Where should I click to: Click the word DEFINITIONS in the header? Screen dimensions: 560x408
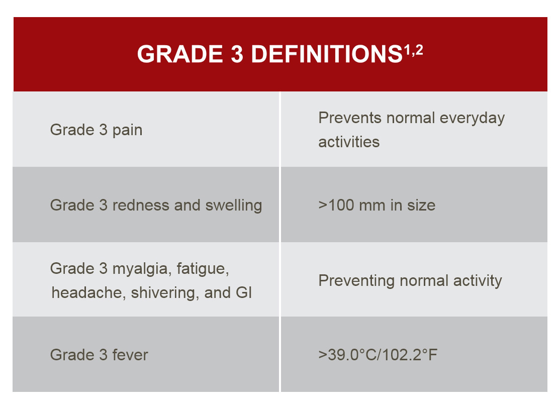[327, 54]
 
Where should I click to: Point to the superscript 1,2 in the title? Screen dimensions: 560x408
[414, 50]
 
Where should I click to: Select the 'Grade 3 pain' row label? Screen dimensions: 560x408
[96, 130]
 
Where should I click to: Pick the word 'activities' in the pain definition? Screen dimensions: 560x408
[349, 142]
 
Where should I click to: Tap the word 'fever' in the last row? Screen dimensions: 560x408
[130, 355]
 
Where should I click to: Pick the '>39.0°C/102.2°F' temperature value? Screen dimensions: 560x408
[378, 355]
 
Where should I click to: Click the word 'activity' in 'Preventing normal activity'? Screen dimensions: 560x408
[478, 281]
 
